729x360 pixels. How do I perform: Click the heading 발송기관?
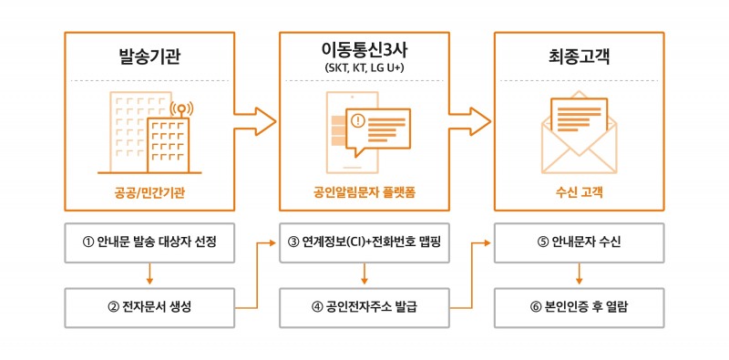pyautogui.click(x=149, y=57)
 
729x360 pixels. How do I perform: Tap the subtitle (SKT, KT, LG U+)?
pyautogui.click(x=364, y=68)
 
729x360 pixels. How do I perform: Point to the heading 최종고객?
pyautogui.click(x=579, y=57)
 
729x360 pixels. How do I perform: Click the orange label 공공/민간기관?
pyautogui.click(x=149, y=191)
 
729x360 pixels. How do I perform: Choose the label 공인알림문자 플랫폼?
pyautogui.click(x=364, y=191)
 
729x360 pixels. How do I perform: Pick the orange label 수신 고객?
pyautogui.click(x=579, y=191)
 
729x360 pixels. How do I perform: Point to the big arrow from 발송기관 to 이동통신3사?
pyautogui.click(x=254, y=120)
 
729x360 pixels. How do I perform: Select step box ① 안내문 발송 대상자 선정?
pyautogui.click(x=149, y=242)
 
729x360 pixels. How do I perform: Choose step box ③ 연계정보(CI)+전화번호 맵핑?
pyautogui.click(x=364, y=242)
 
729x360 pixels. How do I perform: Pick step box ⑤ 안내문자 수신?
pyautogui.click(x=579, y=242)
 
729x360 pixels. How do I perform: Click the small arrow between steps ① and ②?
pyautogui.click(x=149, y=274)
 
